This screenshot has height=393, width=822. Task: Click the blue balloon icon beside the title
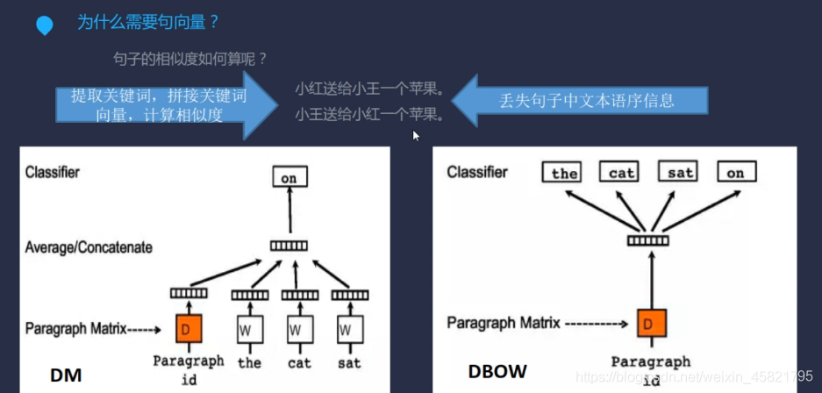pyautogui.click(x=44, y=25)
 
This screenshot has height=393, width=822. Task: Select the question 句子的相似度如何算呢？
pyautogui.click(x=190, y=59)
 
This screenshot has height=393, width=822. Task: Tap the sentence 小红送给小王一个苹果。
pyautogui.click(x=369, y=89)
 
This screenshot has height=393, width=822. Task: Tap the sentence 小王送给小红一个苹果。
pyautogui.click(x=369, y=114)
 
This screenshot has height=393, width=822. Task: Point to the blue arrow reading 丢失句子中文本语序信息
pyautogui.click(x=584, y=100)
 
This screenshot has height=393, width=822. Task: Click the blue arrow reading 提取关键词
pyautogui.click(x=158, y=105)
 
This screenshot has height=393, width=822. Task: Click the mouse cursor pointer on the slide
pyautogui.click(x=416, y=135)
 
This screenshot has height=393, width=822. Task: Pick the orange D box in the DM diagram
pyautogui.click(x=189, y=330)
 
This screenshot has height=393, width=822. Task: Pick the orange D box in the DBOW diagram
pyautogui.click(x=650, y=324)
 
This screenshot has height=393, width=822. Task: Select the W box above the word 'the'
pyautogui.click(x=249, y=331)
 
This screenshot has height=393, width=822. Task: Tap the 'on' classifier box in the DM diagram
pyautogui.click(x=289, y=178)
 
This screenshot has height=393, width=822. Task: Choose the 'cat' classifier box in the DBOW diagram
pyautogui.click(x=621, y=172)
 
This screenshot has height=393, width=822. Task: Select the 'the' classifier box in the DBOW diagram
pyautogui.click(x=564, y=172)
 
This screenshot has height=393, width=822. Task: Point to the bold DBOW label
pyautogui.click(x=497, y=372)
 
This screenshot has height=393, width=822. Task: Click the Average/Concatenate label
pyautogui.click(x=89, y=247)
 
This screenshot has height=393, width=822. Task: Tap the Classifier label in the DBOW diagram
pyautogui.click(x=477, y=172)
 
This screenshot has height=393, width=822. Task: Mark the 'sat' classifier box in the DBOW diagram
pyautogui.click(x=680, y=172)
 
